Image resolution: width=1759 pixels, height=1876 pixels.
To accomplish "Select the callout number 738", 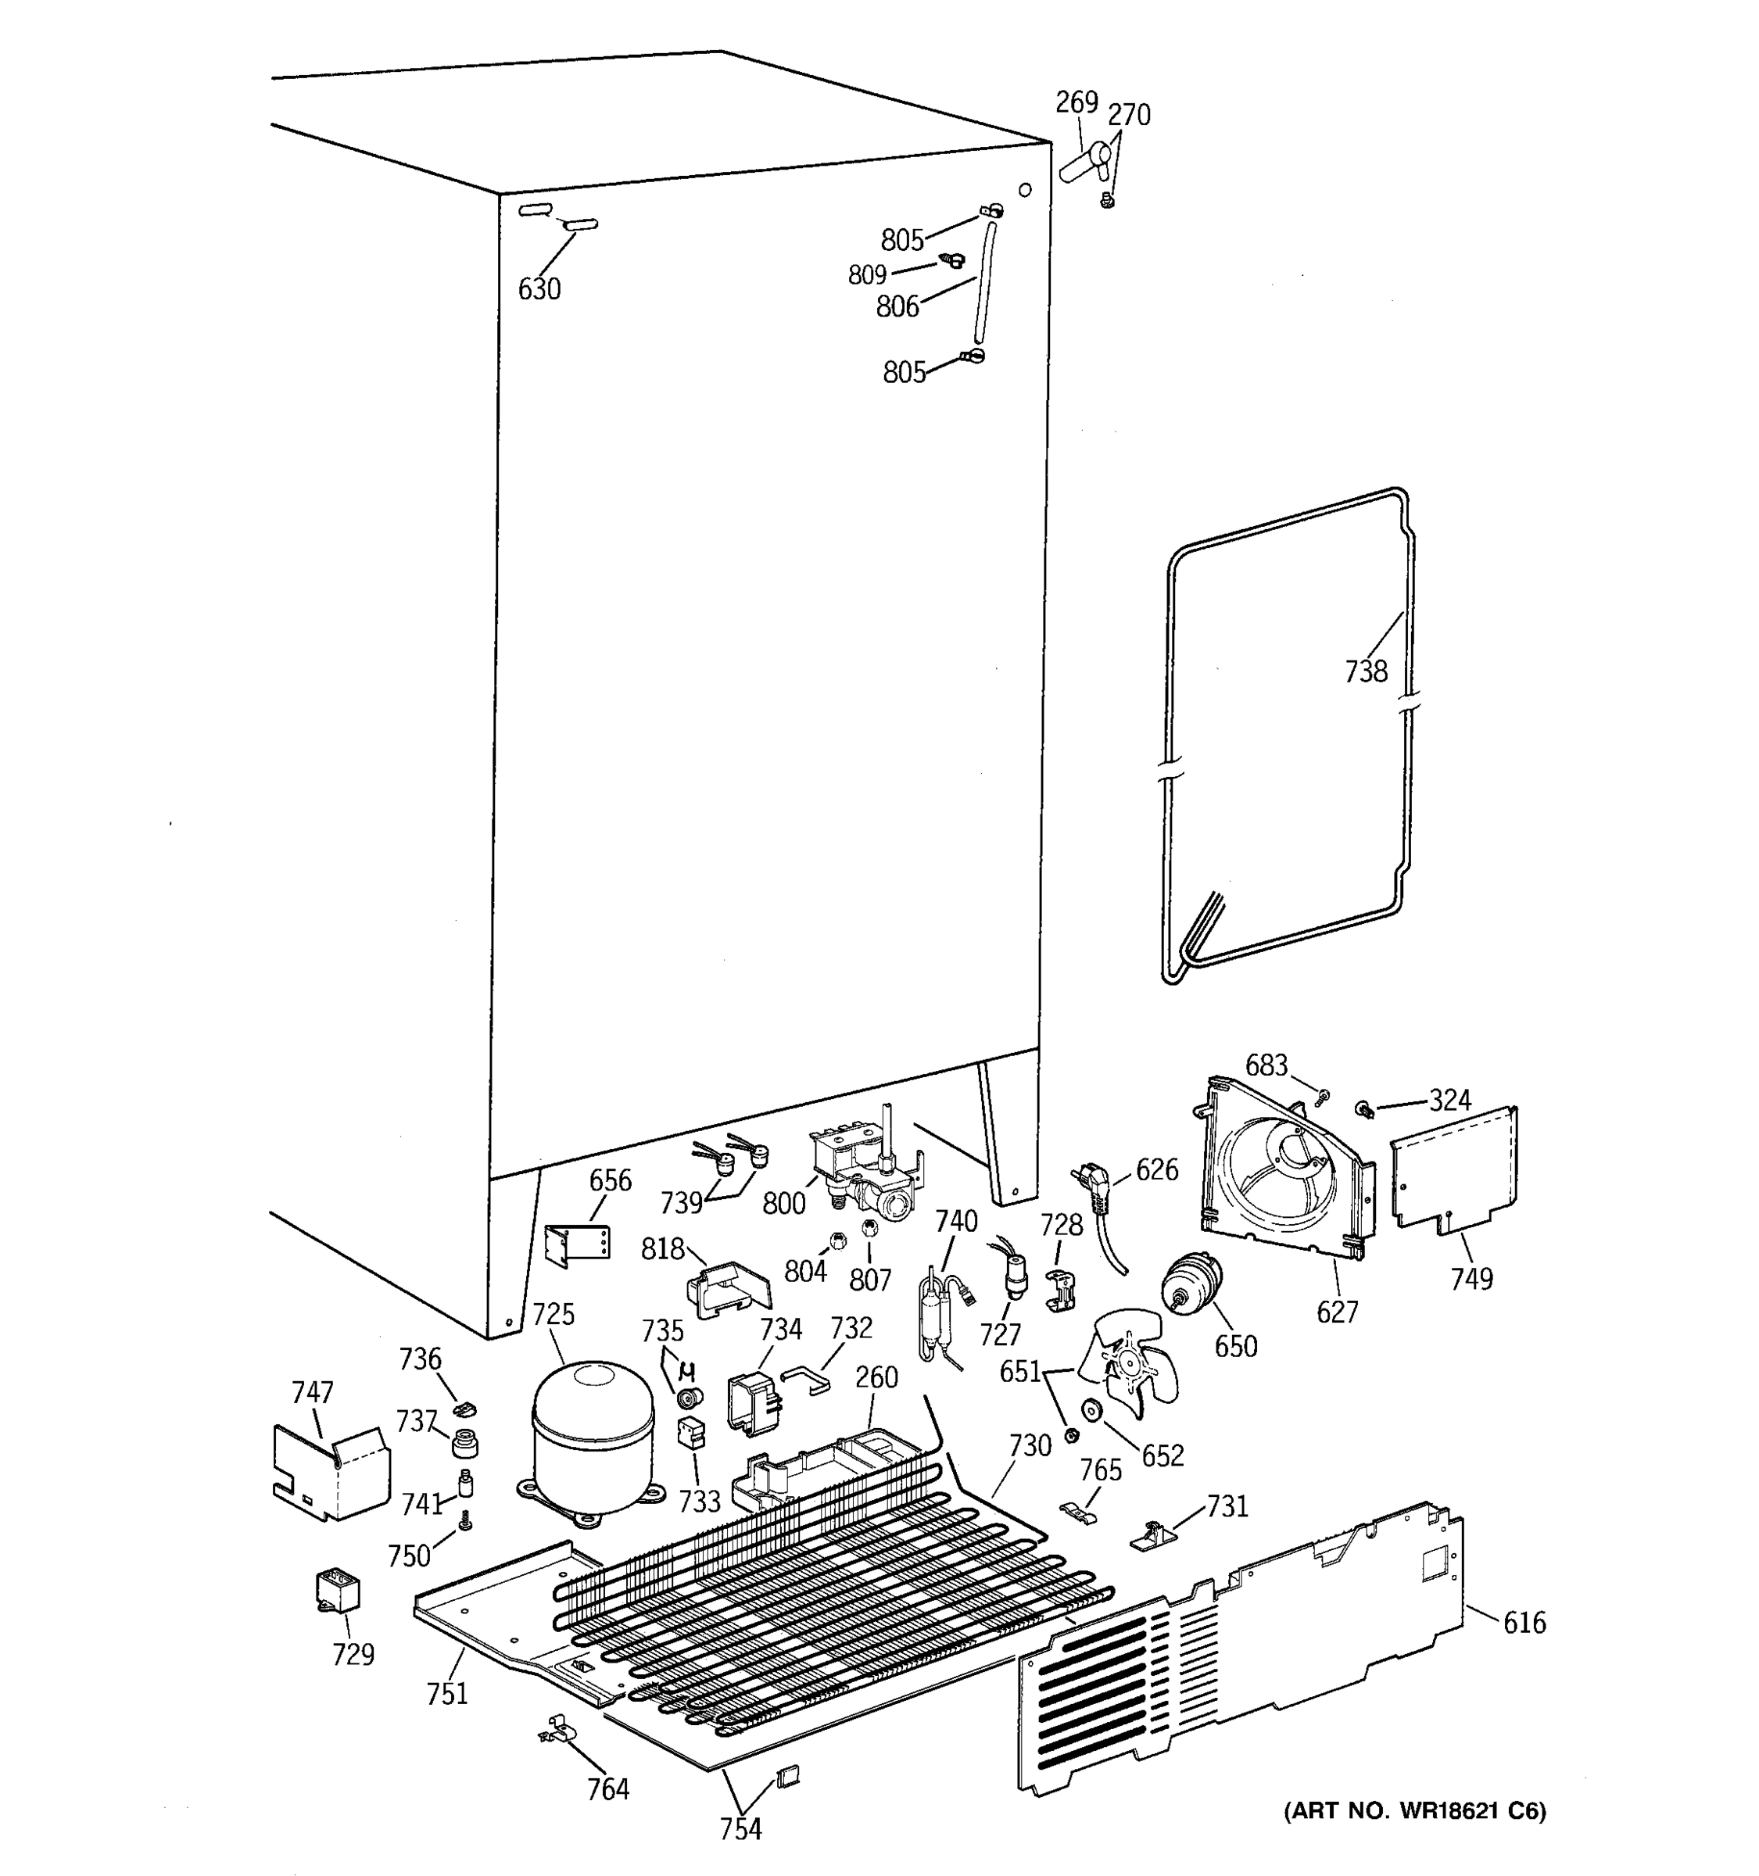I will click(1366, 672).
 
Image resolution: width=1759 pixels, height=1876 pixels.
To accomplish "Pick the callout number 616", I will click(1524, 1623).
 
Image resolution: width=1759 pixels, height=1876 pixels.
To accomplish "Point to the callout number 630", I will click(539, 288).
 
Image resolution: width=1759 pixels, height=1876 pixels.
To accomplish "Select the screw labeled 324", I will click(1364, 1109).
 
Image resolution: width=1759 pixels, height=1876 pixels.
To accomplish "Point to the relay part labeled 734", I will click(751, 1403).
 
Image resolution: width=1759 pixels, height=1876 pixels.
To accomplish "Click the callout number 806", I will click(897, 306).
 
